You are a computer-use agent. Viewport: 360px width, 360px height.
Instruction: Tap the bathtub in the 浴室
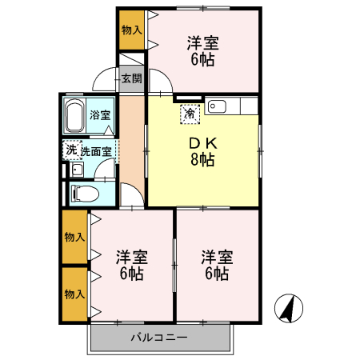(77, 115)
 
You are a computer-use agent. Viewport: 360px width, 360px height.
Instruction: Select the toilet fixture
(83, 193)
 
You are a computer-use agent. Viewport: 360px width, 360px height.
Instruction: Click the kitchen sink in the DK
(218, 105)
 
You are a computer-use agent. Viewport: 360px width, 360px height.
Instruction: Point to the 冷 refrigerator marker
(190, 114)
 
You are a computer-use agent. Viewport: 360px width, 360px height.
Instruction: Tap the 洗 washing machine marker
(71, 150)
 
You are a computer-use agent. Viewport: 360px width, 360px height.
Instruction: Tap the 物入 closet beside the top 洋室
(131, 30)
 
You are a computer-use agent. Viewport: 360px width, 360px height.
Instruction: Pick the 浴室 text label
(100, 114)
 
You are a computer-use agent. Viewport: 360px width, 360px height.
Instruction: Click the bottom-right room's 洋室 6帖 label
(215, 265)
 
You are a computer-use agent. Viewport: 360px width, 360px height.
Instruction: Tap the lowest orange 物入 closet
(74, 294)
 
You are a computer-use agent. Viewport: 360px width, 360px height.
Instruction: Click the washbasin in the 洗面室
(77, 169)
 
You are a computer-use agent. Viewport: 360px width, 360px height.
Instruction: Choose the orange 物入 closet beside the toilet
(74, 237)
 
